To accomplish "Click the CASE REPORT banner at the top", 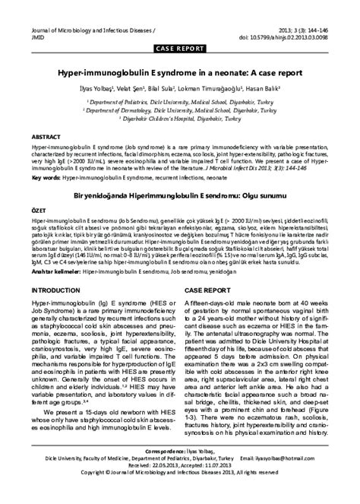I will coord(180,48).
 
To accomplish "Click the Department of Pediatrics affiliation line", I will coord(180,100).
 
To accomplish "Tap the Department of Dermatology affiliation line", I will coord(180,109).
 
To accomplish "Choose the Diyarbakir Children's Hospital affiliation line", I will coord(180,119).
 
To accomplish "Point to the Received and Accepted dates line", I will coord(180,487).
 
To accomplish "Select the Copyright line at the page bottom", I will coord(180,494).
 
